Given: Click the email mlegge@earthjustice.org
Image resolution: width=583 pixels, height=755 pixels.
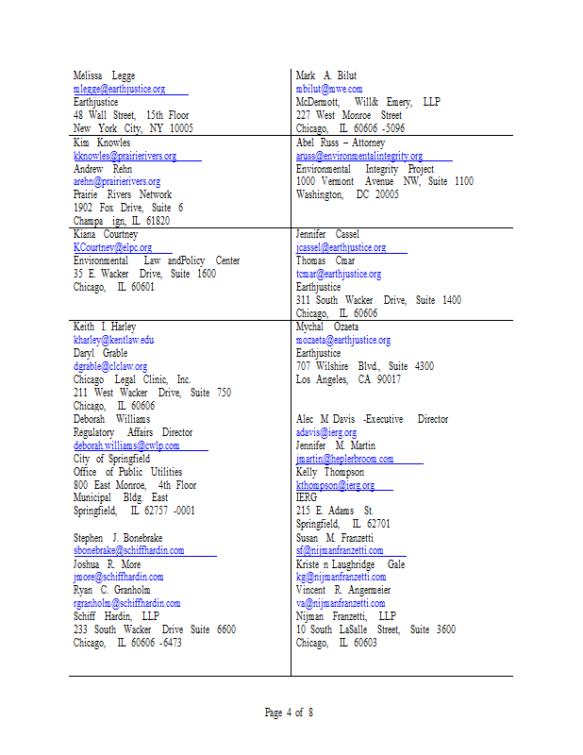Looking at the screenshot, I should click(x=119, y=89).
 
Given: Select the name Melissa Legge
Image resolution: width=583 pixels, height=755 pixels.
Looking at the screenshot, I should click(x=104, y=75).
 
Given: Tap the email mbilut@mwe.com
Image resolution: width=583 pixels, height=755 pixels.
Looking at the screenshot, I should click(x=328, y=89).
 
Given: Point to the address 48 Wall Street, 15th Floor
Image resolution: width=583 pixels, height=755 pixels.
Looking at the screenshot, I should click(x=131, y=115).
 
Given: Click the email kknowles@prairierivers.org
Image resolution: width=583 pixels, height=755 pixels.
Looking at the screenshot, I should click(x=125, y=155).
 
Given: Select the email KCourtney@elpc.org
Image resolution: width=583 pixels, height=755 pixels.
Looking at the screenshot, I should click(x=112, y=247).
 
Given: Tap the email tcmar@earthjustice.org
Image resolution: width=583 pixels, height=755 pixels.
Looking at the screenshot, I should click(x=338, y=274).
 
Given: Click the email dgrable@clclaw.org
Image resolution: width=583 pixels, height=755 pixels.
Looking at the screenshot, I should click(x=110, y=366).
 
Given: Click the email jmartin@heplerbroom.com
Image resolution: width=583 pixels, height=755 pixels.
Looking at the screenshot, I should click(x=344, y=459).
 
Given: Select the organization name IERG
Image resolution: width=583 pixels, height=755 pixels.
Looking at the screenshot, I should click(x=307, y=498).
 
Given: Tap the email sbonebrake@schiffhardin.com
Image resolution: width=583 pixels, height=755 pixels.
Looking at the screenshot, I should click(x=128, y=550).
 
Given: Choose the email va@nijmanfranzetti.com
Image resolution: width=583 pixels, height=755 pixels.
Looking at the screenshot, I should click(x=340, y=603).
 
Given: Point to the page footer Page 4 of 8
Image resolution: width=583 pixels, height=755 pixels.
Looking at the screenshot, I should click(x=289, y=713).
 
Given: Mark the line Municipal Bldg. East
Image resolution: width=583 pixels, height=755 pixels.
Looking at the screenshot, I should click(x=121, y=497).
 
